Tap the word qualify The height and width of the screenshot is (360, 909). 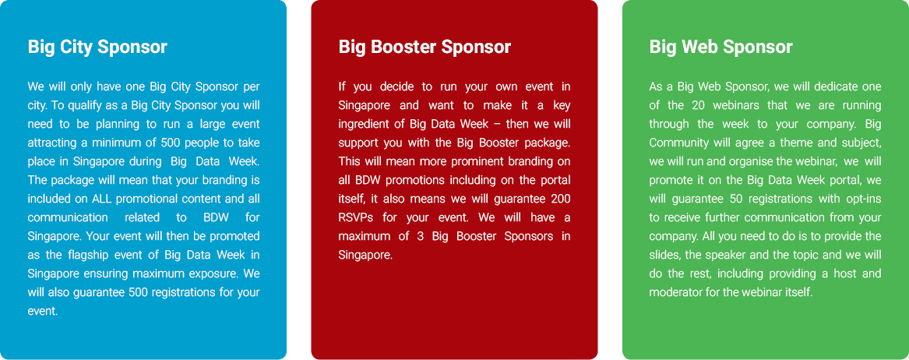pos(78,105)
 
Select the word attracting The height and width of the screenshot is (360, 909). pos(50,143)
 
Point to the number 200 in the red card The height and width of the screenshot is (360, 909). pos(561,199)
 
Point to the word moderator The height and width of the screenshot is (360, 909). pos(675,292)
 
